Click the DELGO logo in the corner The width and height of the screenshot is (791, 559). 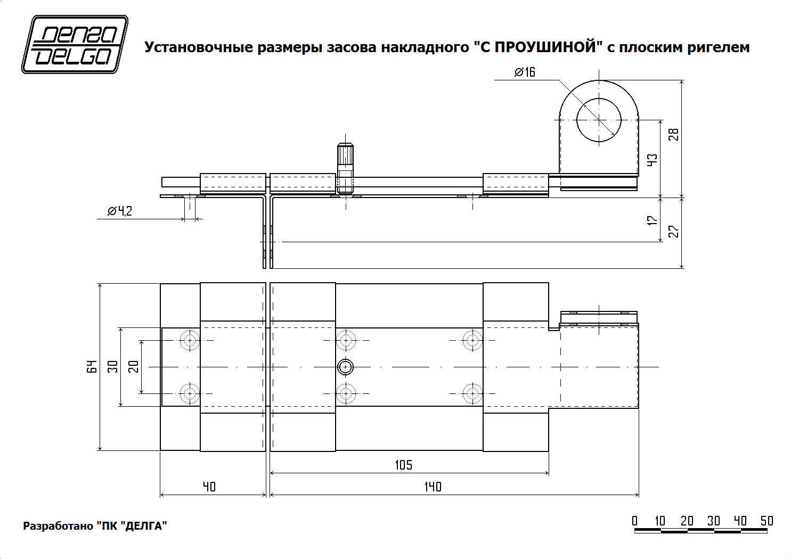pos(75,44)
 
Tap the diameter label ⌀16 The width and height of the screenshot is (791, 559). pos(525,72)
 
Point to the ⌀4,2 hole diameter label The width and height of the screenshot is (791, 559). pos(120,211)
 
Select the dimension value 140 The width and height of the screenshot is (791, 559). pos(433,487)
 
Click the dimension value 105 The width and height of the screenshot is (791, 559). pos(403,465)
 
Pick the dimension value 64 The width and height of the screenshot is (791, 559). pos(93,366)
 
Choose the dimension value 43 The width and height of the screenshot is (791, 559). pos(653,160)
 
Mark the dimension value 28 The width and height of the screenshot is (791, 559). pos(674,134)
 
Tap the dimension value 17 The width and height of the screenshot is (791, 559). pos(653,220)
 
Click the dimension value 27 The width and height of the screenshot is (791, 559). pos(674,232)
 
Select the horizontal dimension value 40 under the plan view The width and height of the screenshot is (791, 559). pos(209,487)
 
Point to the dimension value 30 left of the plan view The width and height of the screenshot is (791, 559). pos(113,366)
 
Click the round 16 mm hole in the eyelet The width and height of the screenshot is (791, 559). pos(599,120)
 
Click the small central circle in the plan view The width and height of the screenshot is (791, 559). pos(346,367)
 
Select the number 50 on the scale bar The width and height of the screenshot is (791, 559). pos(766,521)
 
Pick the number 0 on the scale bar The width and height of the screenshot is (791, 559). pos(634,521)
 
